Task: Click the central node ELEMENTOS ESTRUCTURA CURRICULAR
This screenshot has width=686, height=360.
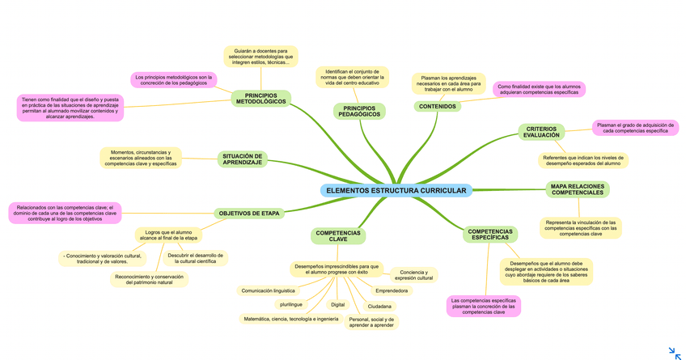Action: [396, 190]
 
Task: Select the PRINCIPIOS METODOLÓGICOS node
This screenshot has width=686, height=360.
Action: [260, 98]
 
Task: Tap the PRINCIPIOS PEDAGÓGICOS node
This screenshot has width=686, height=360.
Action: [359, 111]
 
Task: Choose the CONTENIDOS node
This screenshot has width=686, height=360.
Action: [438, 106]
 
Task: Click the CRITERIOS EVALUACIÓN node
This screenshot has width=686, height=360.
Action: [541, 132]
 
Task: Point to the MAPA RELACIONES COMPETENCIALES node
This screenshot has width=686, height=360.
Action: [578, 189]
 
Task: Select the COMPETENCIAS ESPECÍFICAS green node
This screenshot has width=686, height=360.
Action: [490, 235]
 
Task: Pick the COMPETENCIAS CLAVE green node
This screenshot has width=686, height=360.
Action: [338, 236]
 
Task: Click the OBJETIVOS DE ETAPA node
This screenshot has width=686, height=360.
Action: [249, 214]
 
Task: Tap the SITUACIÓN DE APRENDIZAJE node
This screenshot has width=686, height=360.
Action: [242, 159]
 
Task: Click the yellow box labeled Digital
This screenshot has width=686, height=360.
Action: [338, 305]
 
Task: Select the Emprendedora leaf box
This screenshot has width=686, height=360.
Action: [392, 290]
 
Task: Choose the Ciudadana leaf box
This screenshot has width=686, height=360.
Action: [379, 307]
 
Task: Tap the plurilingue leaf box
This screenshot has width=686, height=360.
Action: [290, 305]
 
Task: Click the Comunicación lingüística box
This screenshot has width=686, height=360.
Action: [268, 290]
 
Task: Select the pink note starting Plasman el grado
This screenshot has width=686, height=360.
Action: [635, 128]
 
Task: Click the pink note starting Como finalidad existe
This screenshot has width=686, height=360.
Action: [538, 89]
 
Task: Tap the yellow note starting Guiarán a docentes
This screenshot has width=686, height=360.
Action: [260, 56]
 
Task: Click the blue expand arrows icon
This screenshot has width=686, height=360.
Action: [675, 353]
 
